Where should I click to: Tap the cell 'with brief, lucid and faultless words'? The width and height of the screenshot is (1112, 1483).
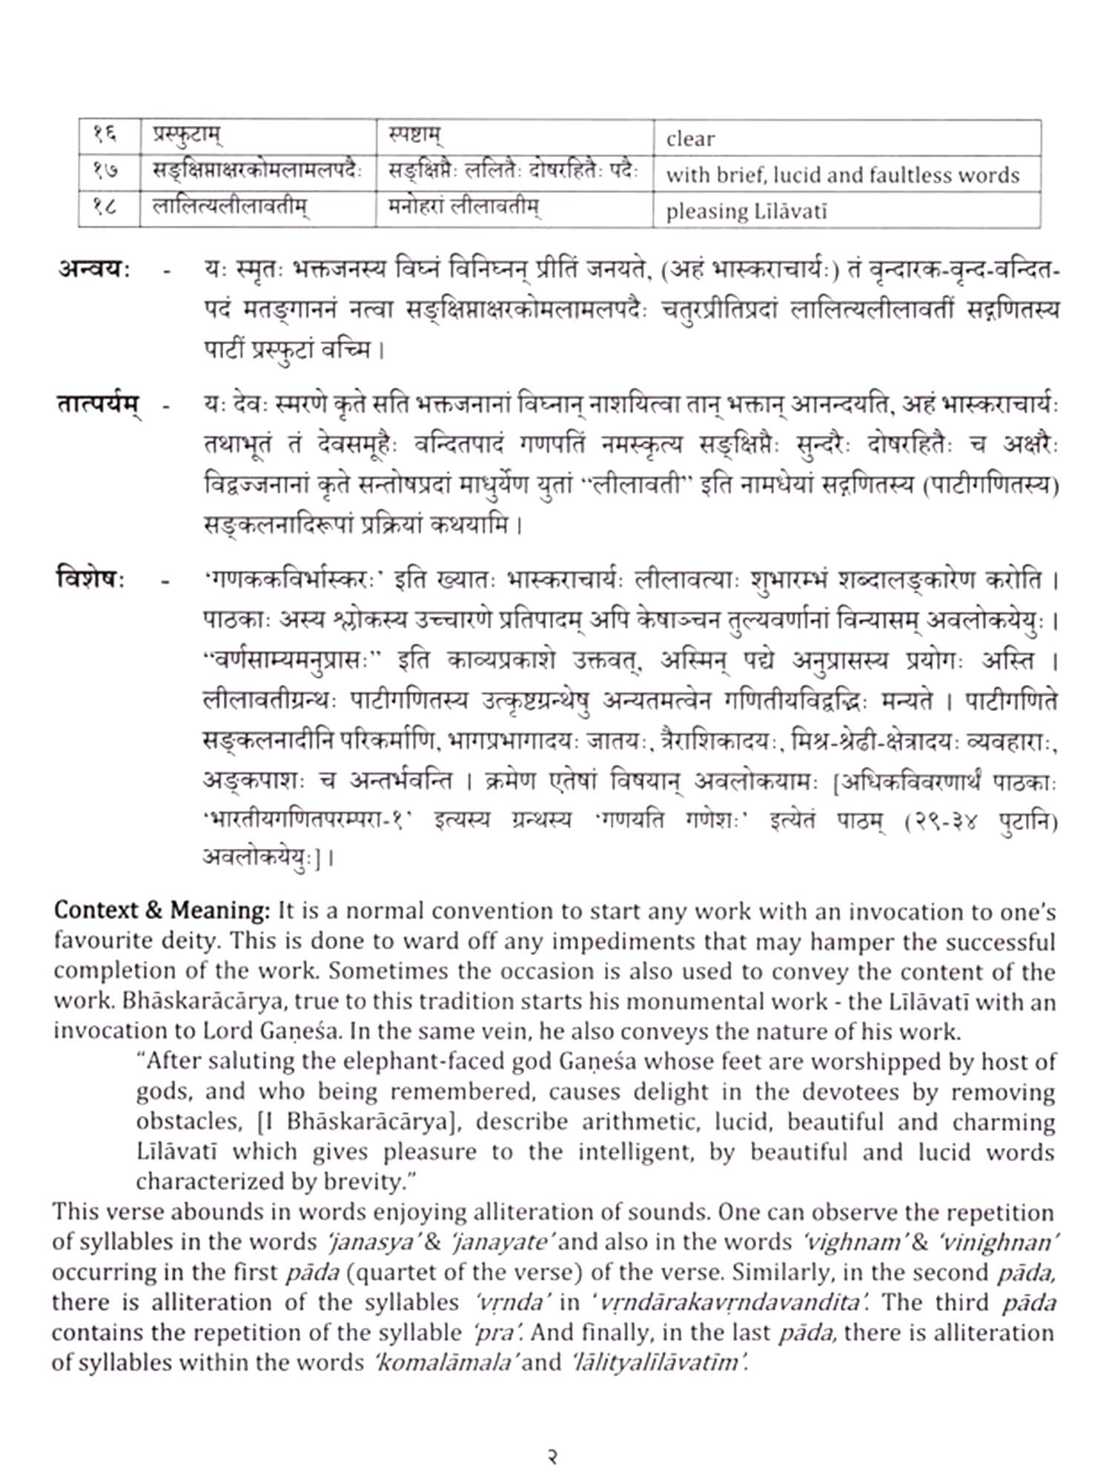pos(846,175)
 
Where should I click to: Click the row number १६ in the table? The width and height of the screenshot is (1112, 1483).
pos(107,136)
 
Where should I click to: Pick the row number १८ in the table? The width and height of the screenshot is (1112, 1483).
pos(107,208)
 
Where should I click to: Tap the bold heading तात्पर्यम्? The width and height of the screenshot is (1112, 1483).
pos(99,405)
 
